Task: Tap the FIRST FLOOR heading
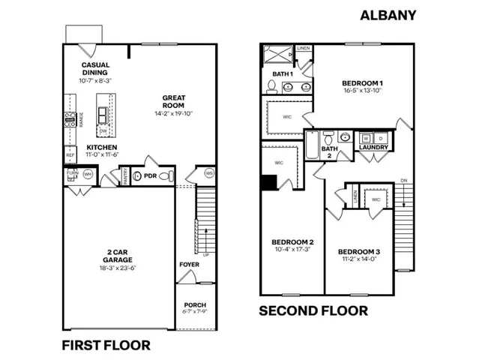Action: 105,345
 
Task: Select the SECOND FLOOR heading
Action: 313,310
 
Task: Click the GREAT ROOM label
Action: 178,97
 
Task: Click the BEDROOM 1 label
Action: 363,82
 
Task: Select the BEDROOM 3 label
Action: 359,251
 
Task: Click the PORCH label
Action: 194,304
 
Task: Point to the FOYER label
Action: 189,265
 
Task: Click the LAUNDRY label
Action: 373,148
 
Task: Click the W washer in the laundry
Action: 366,138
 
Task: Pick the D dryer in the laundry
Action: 380,138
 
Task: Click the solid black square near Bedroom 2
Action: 268,182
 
